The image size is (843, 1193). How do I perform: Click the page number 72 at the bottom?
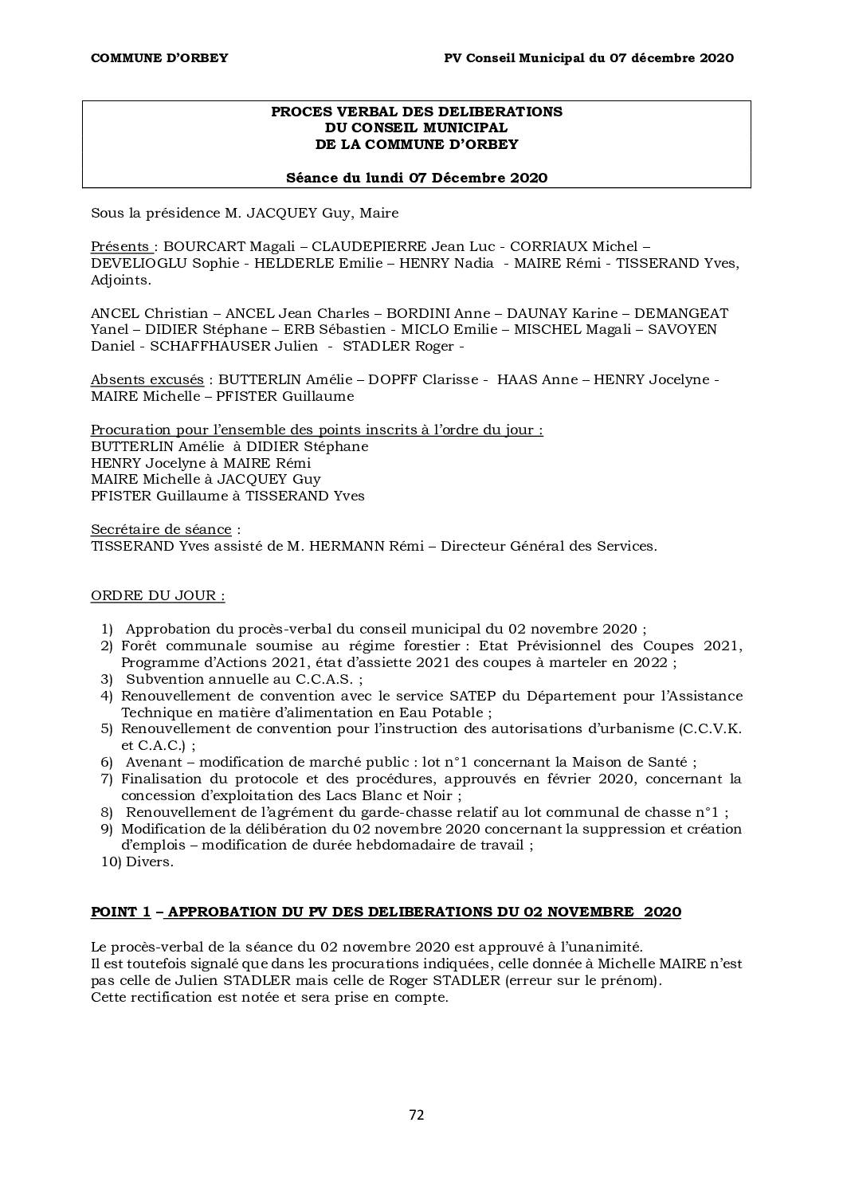click(x=416, y=1115)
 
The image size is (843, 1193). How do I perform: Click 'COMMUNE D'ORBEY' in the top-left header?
click(x=159, y=57)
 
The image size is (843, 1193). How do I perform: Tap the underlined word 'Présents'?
click(x=120, y=246)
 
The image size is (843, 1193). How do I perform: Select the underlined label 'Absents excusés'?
click(x=147, y=379)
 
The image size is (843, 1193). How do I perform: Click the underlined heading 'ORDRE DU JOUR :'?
click(x=158, y=595)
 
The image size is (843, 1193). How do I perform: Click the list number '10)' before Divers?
click(x=110, y=861)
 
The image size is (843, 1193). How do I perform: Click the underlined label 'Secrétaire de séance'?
click(x=161, y=529)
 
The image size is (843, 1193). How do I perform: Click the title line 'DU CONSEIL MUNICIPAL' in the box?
click(x=416, y=128)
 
